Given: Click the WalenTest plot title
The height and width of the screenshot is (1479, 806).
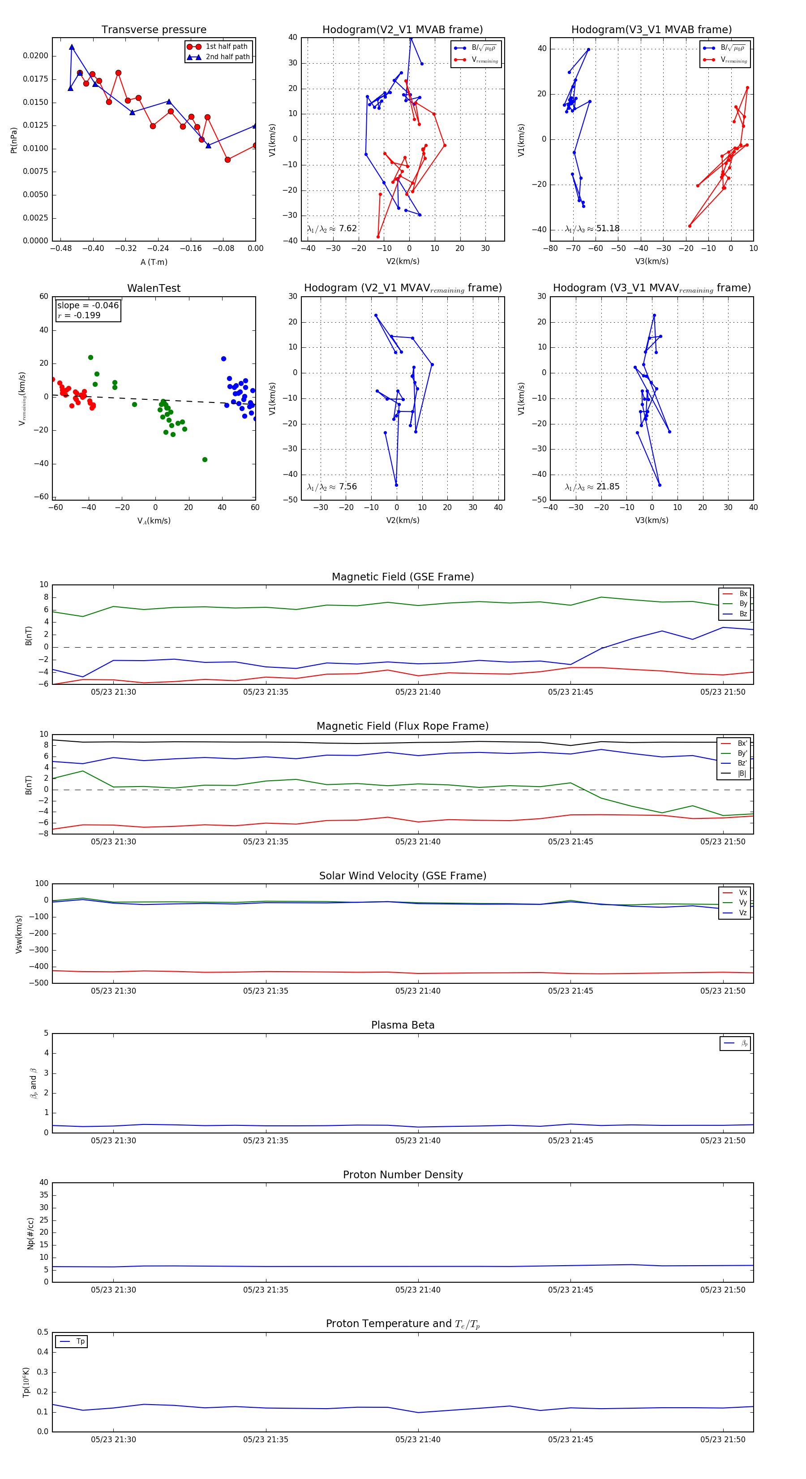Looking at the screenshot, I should click(x=154, y=288).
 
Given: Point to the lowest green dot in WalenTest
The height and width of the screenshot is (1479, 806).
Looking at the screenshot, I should click(x=205, y=460).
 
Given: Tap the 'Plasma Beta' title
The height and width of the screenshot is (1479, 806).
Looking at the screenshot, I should click(x=403, y=1025).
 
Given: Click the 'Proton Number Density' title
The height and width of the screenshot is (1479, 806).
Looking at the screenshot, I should click(x=403, y=1175).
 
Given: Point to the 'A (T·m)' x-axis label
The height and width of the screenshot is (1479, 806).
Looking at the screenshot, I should click(x=154, y=262).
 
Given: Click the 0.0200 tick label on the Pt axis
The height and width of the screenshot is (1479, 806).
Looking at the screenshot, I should click(x=35, y=56).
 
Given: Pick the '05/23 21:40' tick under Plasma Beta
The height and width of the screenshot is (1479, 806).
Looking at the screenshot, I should click(x=418, y=1141).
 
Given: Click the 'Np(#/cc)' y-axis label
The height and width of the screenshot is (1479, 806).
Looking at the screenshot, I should click(x=30, y=1232).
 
